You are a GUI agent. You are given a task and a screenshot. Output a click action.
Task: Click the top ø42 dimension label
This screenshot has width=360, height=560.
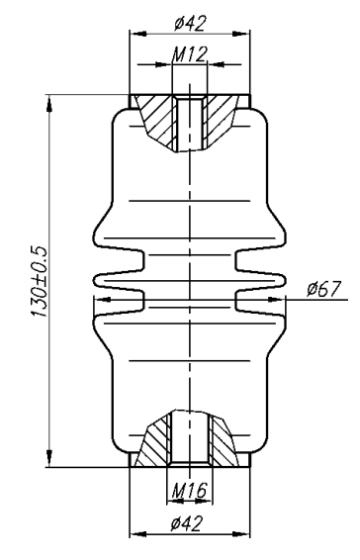(190, 25)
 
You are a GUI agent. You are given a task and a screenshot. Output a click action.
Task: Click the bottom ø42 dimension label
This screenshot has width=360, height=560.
(186, 524)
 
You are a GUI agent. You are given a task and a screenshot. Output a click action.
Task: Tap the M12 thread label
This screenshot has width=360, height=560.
(189, 54)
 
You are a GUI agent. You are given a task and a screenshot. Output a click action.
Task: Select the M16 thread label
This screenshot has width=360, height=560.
(189, 491)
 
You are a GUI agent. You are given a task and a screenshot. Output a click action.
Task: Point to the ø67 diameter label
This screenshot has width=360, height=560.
(324, 289)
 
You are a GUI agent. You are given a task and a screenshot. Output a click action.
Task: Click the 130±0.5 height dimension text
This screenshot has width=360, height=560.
(39, 282)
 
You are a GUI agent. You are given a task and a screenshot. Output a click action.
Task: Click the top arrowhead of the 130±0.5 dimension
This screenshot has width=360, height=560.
(49, 103)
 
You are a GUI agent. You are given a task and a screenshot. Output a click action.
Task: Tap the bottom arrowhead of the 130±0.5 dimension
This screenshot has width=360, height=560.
(49, 458)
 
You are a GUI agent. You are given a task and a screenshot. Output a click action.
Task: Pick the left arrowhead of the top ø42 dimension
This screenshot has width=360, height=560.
(138, 34)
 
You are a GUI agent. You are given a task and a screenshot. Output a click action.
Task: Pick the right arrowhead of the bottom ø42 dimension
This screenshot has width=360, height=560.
(241, 534)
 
